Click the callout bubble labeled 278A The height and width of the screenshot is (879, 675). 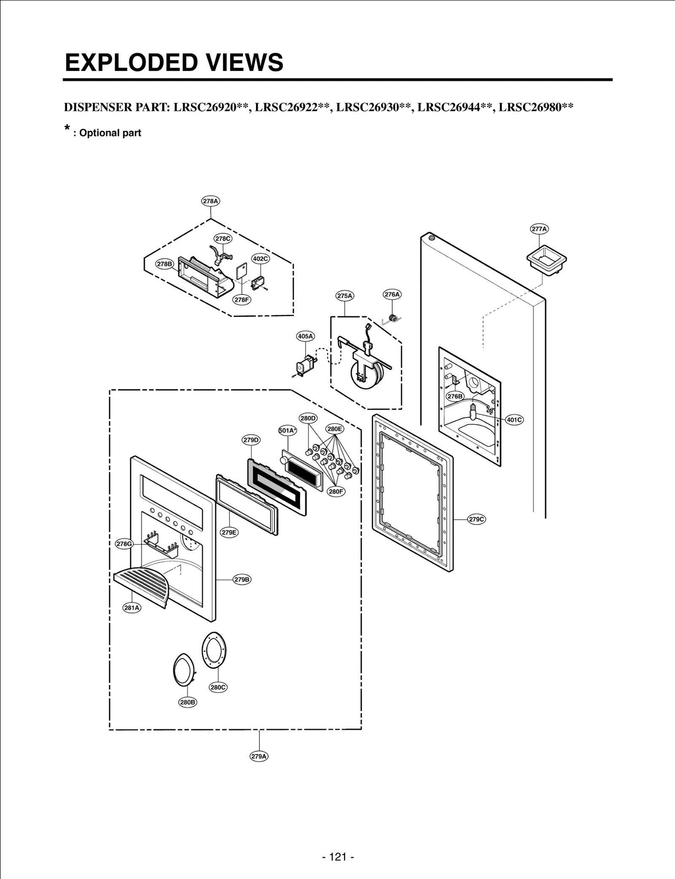(211, 201)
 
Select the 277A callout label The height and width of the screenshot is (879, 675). (539, 229)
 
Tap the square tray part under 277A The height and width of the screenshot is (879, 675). (546, 260)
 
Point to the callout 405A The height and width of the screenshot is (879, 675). (305, 336)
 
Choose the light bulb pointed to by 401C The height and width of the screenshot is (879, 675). (474, 411)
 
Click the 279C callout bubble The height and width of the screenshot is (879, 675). (477, 519)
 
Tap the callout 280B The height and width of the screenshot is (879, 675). (187, 702)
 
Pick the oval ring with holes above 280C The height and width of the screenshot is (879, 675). (214, 650)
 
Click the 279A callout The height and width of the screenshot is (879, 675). (259, 756)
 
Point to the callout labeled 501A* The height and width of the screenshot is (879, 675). (287, 430)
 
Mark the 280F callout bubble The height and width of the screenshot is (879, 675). (336, 491)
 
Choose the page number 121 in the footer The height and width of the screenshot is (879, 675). (337, 857)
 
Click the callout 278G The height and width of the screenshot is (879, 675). (124, 544)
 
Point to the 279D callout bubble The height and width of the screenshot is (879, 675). (251, 440)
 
